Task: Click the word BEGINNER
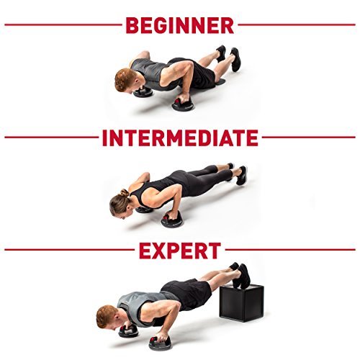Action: pos(180,24)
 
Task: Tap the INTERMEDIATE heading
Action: pos(180,138)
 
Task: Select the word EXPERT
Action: pos(180,251)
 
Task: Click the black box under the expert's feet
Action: pos(242,302)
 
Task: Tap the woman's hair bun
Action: pos(125,193)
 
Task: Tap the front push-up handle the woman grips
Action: pos(171,219)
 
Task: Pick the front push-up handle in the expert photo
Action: pos(160,343)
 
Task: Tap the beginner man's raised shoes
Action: pos(229,57)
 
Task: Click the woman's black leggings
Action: pos(204,178)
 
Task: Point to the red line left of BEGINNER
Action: pos(63,24)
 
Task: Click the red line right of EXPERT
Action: pos(290,250)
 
